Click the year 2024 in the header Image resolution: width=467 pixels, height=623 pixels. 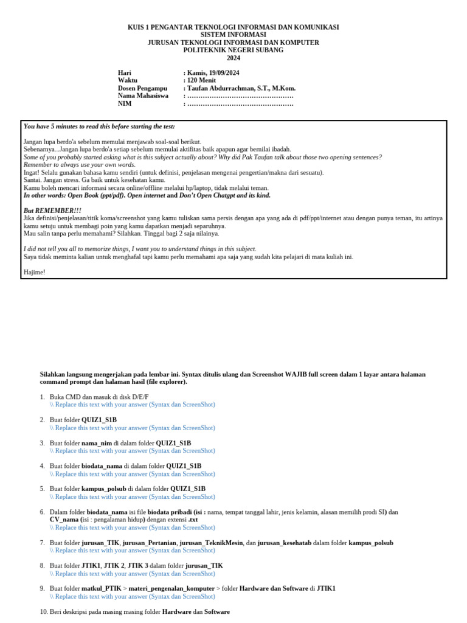(x=233, y=58)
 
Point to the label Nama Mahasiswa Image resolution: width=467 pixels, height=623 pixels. (x=143, y=96)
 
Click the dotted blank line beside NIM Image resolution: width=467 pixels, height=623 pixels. (x=240, y=104)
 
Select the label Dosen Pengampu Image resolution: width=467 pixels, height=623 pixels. (x=142, y=88)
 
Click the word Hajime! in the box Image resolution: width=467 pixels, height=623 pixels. (x=34, y=272)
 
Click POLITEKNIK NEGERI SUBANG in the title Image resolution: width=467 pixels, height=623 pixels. (x=233, y=50)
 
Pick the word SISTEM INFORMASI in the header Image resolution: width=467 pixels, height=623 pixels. (x=233, y=35)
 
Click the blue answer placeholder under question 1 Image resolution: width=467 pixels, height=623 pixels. (x=133, y=405)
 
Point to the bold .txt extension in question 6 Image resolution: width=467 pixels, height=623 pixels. (x=193, y=520)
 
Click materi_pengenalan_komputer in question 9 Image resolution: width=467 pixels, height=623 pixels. (x=179, y=589)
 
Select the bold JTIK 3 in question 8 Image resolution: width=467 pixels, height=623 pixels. (x=137, y=566)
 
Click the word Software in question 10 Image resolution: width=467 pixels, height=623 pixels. (x=217, y=611)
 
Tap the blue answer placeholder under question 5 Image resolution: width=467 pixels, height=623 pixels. (x=133, y=496)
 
